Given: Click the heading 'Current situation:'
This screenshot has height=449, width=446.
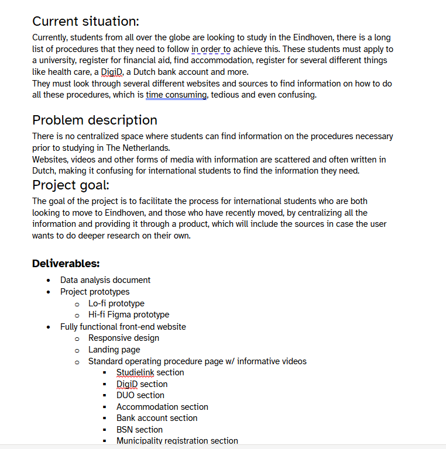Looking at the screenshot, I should [85, 22].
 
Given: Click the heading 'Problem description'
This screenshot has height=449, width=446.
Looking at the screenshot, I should [94, 120].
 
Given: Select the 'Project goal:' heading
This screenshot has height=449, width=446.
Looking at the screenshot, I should [70, 185].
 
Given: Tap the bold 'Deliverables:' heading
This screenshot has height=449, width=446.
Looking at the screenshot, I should [66, 264].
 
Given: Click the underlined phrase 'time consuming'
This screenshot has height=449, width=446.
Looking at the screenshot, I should [176, 95].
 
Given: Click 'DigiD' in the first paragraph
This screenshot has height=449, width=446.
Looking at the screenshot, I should [111, 72].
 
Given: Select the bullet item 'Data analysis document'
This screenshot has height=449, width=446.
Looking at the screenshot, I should [105, 280].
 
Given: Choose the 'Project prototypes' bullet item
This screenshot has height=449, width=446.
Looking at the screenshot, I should [95, 292].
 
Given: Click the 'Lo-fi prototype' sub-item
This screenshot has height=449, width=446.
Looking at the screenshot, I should [116, 303].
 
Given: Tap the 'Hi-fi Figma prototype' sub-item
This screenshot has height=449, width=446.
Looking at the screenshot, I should [129, 315].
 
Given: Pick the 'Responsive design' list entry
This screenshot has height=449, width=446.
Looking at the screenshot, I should [123, 338].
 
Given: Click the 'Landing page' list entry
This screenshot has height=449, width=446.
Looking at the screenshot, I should [114, 350].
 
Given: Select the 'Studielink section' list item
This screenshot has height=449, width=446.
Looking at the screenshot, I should [150, 372].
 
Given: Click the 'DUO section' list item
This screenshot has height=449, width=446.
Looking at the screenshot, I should [140, 395].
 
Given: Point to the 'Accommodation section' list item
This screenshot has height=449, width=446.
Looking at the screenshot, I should [162, 407].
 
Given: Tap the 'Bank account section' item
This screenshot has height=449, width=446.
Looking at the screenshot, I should [157, 418].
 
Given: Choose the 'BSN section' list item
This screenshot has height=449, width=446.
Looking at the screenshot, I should [139, 430].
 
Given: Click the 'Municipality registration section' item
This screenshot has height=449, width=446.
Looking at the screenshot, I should [177, 441].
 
